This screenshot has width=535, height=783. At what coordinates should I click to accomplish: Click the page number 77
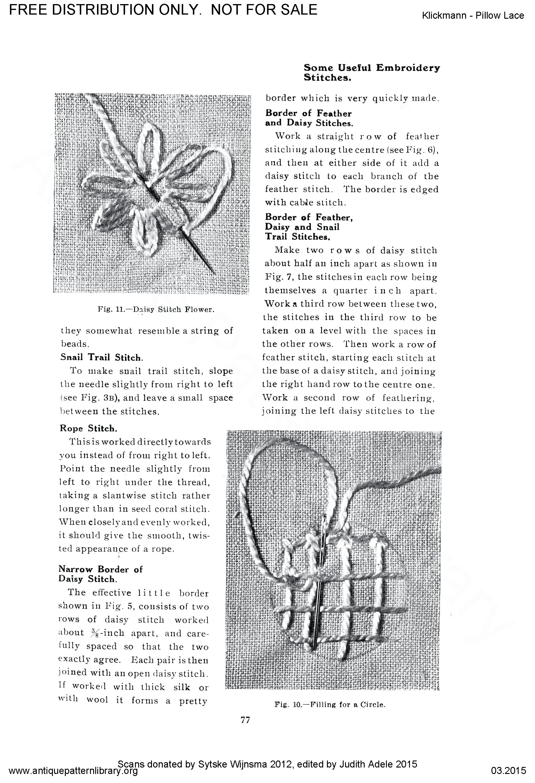[245, 720]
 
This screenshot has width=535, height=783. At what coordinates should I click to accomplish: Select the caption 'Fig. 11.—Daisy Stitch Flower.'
[156, 309]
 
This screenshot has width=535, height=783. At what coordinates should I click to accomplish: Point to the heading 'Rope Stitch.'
[89, 428]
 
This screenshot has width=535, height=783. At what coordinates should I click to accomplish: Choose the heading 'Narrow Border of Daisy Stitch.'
[101, 574]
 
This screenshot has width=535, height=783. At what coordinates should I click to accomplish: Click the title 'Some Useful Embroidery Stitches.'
[371, 72]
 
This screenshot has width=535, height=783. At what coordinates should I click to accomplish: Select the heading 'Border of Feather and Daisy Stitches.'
[309, 118]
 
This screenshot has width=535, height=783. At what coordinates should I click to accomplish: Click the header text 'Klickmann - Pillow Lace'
[473, 15]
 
